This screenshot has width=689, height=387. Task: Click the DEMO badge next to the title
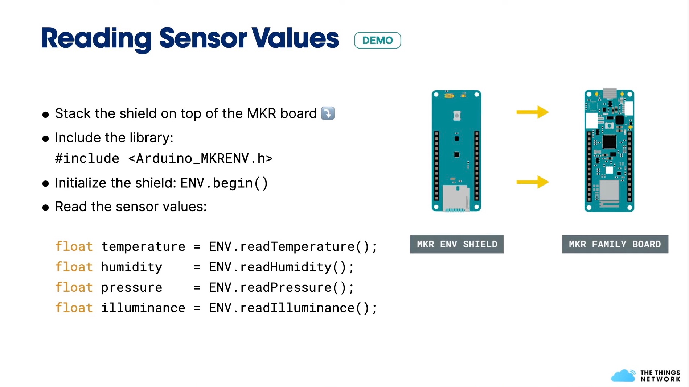(x=377, y=40)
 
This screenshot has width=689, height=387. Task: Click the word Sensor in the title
(x=203, y=38)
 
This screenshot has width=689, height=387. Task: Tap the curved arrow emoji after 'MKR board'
(x=328, y=113)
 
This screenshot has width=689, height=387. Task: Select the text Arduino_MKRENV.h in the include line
(x=200, y=158)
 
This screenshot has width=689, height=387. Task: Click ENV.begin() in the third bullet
(x=224, y=183)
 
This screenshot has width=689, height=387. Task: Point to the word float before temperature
(x=74, y=246)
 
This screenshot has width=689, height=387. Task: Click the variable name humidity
(x=131, y=267)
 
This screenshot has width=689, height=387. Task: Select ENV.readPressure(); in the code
(x=281, y=287)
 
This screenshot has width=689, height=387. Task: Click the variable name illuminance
(x=143, y=308)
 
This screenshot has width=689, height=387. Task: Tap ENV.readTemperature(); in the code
(x=293, y=246)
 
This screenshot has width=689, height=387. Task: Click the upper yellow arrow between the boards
(x=532, y=112)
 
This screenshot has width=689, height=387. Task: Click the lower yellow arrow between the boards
(x=532, y=182)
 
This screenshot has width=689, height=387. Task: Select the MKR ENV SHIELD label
(x=456, y=244)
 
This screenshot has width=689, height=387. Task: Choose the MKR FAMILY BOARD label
(x=615, y=244)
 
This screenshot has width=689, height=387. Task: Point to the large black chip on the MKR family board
(x=609, y=142)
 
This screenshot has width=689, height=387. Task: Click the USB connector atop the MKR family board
(x=610, y=93)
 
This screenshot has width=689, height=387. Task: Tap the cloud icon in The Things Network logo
(x=623, y=376)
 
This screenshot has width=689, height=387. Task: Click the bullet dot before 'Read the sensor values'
(x=46, y=208)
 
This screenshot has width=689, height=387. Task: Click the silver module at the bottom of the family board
(x=609, y=190)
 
